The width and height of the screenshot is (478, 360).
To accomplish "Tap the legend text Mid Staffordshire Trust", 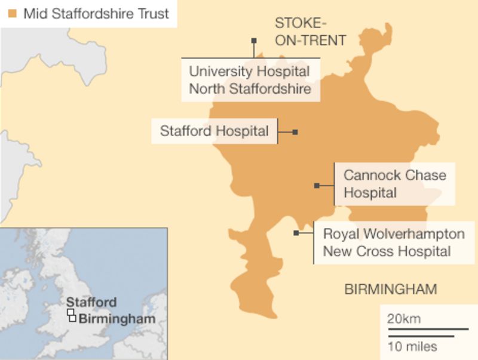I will click(x=96, y=13).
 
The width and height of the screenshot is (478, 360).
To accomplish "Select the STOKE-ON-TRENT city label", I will click(x=310, y=32).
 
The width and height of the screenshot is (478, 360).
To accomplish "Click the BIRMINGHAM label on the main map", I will click(x=390, y=290).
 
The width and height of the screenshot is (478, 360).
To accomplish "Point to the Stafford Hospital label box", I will click(x=215, y=131).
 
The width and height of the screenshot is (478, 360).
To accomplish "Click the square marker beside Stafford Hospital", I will click(x=295, y=132).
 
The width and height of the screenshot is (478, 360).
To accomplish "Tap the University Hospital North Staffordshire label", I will click(x=250, y=81).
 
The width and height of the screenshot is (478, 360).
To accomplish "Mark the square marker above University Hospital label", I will click(x=254, y=41).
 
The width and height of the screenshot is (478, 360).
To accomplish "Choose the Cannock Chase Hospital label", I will click(x=394, y=184).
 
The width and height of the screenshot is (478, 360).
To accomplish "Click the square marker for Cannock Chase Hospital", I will click(x=317, y=186).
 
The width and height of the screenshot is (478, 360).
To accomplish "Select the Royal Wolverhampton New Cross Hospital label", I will click(x=393, y=242).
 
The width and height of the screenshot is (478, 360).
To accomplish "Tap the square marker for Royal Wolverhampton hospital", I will click(x=296, y=233).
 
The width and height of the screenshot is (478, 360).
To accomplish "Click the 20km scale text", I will click(x=404, y=319).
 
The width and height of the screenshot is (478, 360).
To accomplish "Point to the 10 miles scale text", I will click(x=412, y=347).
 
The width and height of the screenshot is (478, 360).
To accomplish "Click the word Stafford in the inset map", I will click(x=91, y=302).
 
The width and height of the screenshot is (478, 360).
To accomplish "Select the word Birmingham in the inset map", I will click(x=117, y=318).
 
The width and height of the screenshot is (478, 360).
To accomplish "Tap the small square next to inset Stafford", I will click(x=70, y=312).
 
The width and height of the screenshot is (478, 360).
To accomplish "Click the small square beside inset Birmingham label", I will click(x=73, y=318).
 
